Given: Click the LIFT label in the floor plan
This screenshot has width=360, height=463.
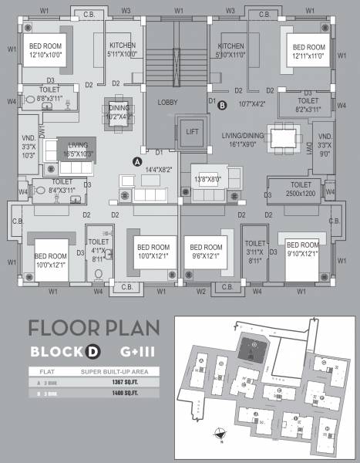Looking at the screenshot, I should click(192, 132).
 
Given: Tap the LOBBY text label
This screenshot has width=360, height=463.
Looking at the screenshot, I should click(167, 102).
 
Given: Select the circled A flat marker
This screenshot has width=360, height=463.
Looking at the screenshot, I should click(136, 162).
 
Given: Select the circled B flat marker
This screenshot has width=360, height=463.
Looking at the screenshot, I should click(222, 104).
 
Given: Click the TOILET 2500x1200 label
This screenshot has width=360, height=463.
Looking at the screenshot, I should click(296, 190).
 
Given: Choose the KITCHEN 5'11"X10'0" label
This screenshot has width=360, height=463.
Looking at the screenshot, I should click(122, 50).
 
